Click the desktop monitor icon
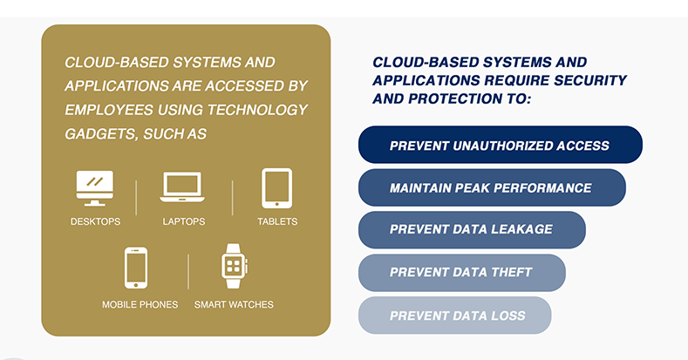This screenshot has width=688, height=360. tap(95, 188)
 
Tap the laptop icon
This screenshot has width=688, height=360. tap(182, 187)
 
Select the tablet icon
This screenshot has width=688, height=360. tap(277, 188)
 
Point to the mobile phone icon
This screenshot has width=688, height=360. tap(135, 268)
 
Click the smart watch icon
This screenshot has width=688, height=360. tap(234, 266)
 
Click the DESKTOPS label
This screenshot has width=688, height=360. tap(95, 221)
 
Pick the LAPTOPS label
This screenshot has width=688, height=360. tap(184, 221)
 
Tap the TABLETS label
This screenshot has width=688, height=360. tap(277, 221)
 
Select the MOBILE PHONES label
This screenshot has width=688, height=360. tap(140, 304)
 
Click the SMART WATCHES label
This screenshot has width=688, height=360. tap(234, 304)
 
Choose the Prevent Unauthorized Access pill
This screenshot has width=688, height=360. tap(501, 145)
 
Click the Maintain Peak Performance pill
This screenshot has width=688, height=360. tap(492, 187)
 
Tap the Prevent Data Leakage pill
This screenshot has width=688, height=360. tap(472, 230)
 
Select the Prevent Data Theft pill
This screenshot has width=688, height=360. tap(461, 272)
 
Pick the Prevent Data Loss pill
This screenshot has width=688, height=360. tap(454, 316)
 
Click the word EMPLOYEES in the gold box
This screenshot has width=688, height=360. tap(109, 110)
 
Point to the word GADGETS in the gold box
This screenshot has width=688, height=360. tap(100, 133)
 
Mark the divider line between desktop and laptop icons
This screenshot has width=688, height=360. tap(136, 198)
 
